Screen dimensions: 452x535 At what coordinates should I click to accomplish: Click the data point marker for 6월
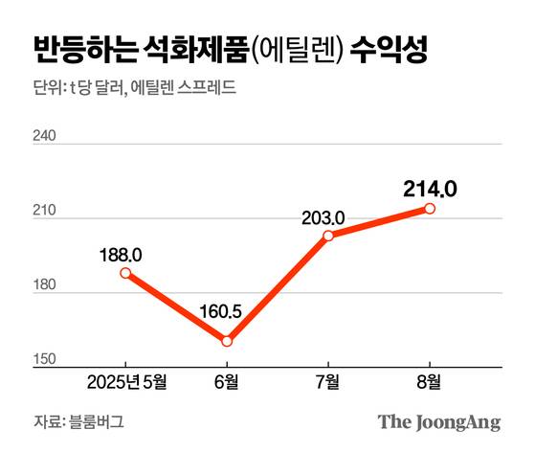tap(227, 341)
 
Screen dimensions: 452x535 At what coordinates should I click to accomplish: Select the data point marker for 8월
tap(430, 208)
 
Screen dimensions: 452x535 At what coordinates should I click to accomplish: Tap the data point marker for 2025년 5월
tap(125, 273)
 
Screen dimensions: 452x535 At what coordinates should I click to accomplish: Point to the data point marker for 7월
tap(328, 236)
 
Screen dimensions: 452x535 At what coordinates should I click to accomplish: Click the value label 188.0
tap(121, 254)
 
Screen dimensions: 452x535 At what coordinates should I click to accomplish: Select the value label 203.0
tap(323, 217)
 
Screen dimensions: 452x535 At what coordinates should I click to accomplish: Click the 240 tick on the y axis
tap(46, 136)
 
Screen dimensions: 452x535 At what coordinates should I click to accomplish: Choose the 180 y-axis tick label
tap(46, 286)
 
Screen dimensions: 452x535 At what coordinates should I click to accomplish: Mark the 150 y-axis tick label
tap(46, 359)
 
